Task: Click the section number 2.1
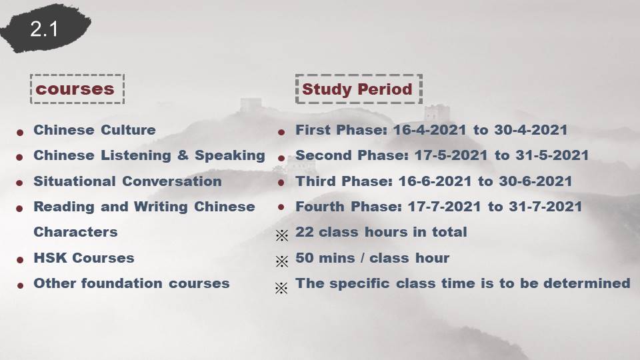[44, 29]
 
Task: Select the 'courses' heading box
[77, 75]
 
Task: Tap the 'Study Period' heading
[357, 89]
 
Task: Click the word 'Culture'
[128, 130]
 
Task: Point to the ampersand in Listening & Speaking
[183, 155]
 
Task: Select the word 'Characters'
[75, 232]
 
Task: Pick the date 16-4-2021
[429, 130]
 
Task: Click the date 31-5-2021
[552, 155]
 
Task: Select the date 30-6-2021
[535, 181]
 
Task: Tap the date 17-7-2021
[444, 207]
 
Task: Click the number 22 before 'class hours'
[304, 232]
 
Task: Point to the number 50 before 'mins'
[304, 258]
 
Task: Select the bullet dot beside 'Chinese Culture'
[19, 132]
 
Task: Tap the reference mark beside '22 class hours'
[281, 235]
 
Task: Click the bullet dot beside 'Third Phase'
[281, 183]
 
